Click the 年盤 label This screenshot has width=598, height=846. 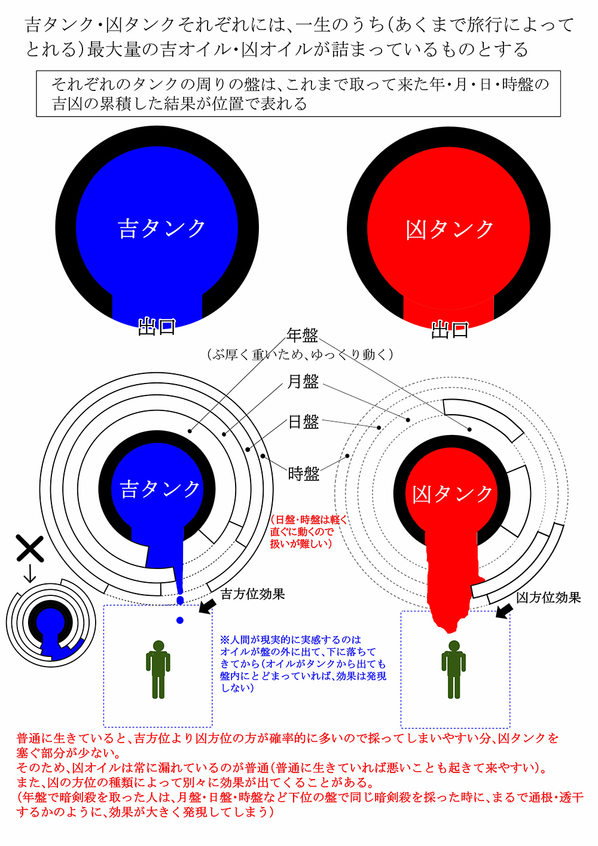(302, 335)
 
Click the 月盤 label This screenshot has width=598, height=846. (303, 381)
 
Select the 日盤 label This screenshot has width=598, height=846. (303, 422)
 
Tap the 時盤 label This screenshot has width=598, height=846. (303, 474)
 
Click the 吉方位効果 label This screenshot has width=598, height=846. (252, 594)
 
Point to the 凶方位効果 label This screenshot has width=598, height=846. (548, 598)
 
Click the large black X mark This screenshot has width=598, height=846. (29, 549)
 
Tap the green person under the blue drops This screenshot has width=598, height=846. (158, 670)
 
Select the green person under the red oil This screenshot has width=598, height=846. (454, 670)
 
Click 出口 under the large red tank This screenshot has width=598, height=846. (450, 329)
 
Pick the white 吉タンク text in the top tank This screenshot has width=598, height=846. (161, 229)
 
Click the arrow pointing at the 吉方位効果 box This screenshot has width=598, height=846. (208, 606)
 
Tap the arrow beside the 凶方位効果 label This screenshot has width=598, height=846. (504, 610)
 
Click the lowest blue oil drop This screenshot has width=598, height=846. (180, 620)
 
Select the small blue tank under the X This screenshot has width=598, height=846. (51, 625)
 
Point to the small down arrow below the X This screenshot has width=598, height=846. (29, 575)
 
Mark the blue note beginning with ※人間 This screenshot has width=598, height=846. (303, 664)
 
